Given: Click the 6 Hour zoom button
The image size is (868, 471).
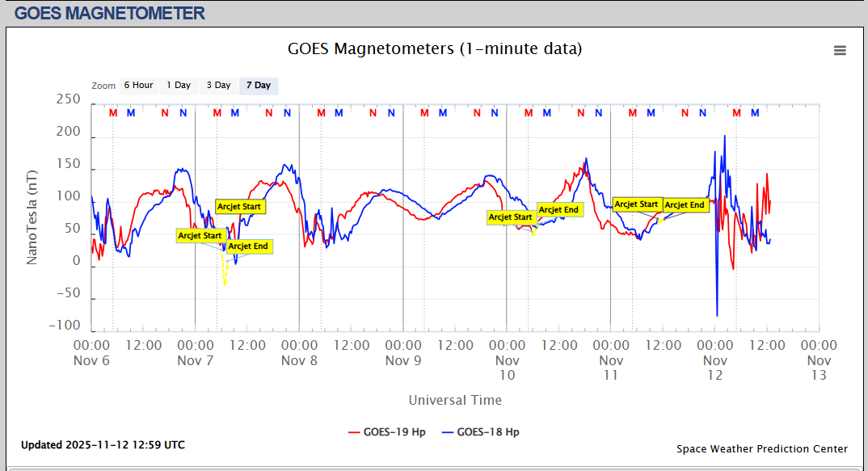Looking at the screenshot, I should coord(138,86).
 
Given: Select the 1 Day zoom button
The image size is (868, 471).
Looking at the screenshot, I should coord(179,86).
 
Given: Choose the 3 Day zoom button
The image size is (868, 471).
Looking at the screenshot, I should coord(218,86).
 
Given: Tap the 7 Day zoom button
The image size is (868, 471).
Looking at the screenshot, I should coord(259,86).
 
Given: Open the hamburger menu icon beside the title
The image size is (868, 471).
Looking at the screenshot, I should coord(840,50).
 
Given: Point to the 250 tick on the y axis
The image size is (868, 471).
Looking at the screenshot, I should coord(68,99).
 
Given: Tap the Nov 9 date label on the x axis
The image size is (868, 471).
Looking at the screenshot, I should coord(403,360).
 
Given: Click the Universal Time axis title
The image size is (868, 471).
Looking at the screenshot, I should coord(455,400).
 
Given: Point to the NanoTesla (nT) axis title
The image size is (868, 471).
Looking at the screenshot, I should coord(32,216).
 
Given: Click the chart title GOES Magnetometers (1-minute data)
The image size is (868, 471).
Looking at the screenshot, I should coord(435,49).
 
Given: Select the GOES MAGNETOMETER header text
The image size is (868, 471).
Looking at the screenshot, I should coord(110,13).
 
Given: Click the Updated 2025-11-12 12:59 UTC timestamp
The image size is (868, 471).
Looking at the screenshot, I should coord(103,445).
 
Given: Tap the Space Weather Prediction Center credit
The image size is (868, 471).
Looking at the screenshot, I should coord(762,449).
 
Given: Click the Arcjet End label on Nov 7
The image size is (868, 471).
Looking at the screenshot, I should coord(248,246).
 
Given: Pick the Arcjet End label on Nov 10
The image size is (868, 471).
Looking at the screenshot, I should coord(559,210).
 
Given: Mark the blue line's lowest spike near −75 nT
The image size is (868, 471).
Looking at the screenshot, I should coord(717,315).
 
